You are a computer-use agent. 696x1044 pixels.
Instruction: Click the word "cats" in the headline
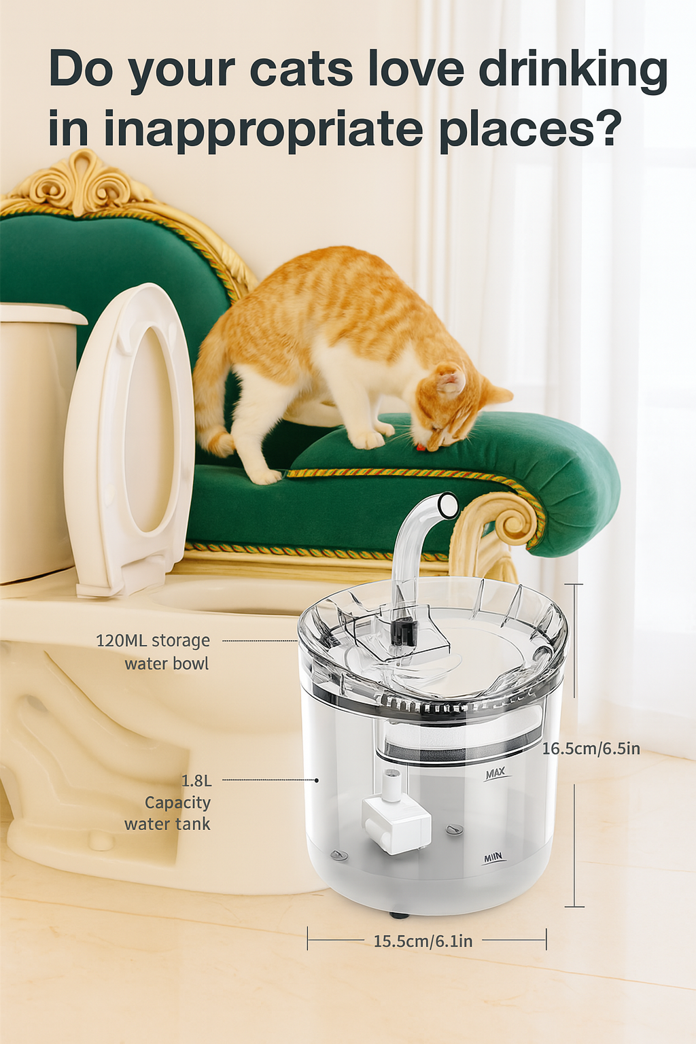(301, 69)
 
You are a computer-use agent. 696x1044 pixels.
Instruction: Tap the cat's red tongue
(422, 448)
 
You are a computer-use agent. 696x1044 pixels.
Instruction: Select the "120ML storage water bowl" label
(154, 652)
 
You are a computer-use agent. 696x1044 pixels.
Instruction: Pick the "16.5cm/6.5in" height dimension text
(591, 749)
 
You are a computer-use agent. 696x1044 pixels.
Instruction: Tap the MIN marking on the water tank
(492, 856)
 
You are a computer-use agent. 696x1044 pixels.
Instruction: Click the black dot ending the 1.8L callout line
(317, 780)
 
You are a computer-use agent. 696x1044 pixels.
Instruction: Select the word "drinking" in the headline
(574, 69)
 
